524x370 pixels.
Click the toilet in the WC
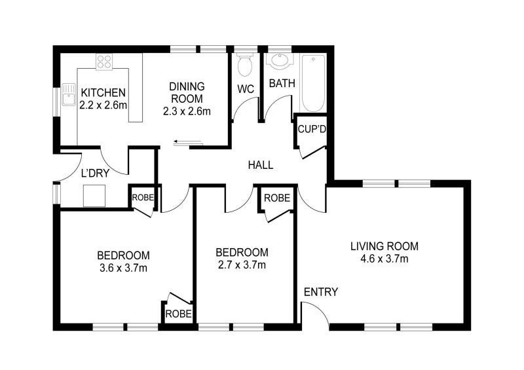(x=246, y=65)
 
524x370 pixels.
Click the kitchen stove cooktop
(x=105, y=62)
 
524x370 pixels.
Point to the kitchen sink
(x=68, y=96)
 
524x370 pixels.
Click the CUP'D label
(x=312, y=129)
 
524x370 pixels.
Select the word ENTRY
(x=321, y=292)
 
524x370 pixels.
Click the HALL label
(x=260, y=166)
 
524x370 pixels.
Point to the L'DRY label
(x=94, y=174)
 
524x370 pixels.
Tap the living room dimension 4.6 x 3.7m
(x=384, y=259)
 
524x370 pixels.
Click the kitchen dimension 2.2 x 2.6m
(x=103, y=105)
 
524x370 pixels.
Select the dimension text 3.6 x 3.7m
(x=123, y=267)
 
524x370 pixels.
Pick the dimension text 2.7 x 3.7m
(x=242, y=265)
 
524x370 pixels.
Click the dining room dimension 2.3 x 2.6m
(x=187, y=111)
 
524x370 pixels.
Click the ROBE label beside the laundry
(x=142, y=197)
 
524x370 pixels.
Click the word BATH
(x=282, y=83)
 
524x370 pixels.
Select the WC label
(x=246, y=88)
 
